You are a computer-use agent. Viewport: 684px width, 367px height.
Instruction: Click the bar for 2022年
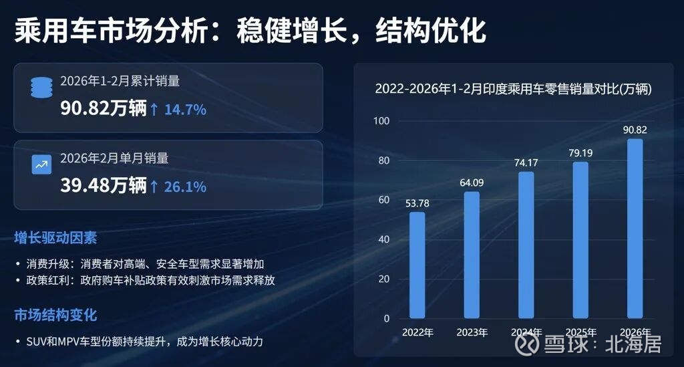(417, 265)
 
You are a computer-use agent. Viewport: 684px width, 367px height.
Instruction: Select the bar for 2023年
(472, 255)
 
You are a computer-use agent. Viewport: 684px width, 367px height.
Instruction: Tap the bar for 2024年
(526, 245)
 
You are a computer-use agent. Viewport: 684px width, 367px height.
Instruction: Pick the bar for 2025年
(581, 240)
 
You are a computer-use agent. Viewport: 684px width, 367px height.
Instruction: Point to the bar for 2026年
(635, 229)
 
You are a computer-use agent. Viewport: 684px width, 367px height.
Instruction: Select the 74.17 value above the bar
(526, 162)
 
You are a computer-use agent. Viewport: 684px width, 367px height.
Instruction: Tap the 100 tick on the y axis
(381, 121)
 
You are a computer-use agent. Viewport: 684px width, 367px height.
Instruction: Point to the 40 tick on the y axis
(383, 239)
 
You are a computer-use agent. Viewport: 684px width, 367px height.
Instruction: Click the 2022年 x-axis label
(417, 332)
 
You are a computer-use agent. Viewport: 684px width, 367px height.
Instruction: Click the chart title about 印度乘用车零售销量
(513, 89)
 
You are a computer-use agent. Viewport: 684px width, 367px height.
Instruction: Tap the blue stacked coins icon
(41, 88)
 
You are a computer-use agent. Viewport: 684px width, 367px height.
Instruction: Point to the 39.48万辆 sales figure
(103, 186)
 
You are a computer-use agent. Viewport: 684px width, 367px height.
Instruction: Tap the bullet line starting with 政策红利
(150, 281)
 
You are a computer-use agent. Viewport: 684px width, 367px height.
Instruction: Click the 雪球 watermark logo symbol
(528, 345)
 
